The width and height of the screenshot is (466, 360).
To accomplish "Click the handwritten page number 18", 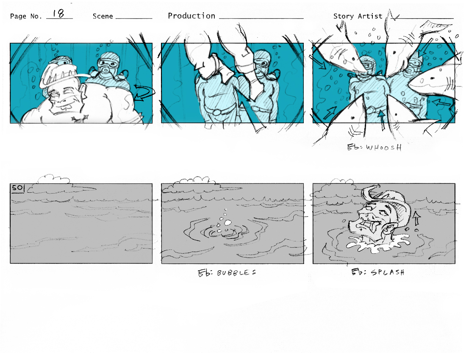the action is (x=58, y=14).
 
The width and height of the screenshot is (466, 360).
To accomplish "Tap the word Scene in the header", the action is (x=103, y=16).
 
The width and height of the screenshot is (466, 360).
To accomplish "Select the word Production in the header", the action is (x=191, y=16).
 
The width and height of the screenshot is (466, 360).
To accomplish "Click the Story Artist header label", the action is (x=358, y=16).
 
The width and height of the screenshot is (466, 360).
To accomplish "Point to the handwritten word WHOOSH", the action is (x=384, y=147).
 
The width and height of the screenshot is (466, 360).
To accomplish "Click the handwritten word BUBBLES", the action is (x=236, y=273).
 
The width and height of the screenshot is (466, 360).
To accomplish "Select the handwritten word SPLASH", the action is (x=388, y=272).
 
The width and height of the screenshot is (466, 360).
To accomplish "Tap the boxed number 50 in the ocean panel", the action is (x=17, y=188).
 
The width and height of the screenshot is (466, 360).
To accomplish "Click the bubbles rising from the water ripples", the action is (x=225, y=221).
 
